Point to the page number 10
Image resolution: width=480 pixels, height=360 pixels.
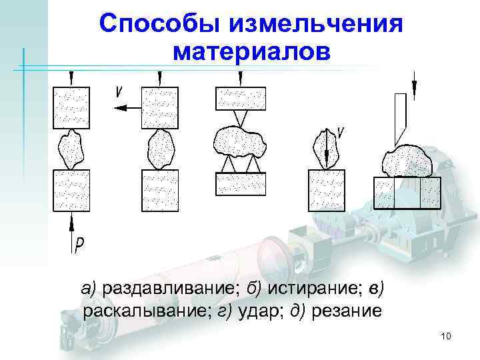(446, 337)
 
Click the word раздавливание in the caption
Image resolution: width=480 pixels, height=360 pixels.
(171, 289)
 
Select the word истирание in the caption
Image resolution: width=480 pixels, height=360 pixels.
(313, 289)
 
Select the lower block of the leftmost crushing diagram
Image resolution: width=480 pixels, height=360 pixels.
(71, 190)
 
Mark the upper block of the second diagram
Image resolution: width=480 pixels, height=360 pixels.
(160, 107)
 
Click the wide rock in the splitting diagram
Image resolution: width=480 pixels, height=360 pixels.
(240, 141)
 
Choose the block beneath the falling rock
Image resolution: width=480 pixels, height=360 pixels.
(327, 190)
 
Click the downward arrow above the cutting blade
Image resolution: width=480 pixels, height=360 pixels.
(414, 83)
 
